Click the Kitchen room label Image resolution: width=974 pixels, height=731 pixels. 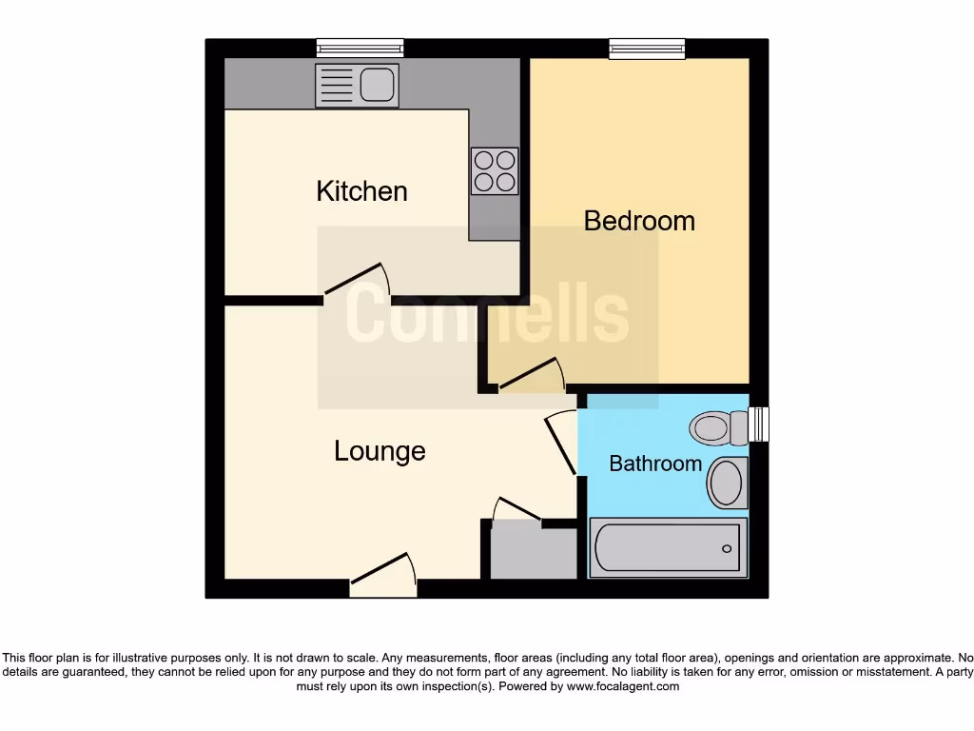pyautogui.click(x=361, y=191)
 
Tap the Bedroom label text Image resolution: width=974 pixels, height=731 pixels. pyautogui.click(x=639, y=221)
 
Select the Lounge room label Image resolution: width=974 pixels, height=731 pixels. pyautogui.click(x=380, y=450)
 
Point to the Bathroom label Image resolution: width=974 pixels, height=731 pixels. pyautogui.click(x=655, y=464)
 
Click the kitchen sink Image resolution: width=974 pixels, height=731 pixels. pyautogui.click(x=357, y=86)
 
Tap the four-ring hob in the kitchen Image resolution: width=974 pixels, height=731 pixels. pyautogui.click(x=495, y=171)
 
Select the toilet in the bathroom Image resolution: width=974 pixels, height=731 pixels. pyautogui.click(x=720, y=427)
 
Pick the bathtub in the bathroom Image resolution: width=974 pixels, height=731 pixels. pyautogui.click(x=668, y=548)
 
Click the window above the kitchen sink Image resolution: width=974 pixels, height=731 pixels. pyautogui.click(x=360, y=48)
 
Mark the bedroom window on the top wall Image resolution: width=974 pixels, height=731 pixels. pyautogui.click(x=647, y=48)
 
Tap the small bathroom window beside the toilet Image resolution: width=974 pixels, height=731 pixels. pyautogui.click(x=758, y=425)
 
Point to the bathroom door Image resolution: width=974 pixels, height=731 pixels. pyautogui.click(x=562, y=442)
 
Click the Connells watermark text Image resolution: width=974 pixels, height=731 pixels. pyautogui.click(x=486, y=315)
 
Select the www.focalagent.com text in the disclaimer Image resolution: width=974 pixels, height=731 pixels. pyautogui.click(x=623, y=686)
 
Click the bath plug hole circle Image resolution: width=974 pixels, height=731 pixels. pyautogui.click(x=727, y=548)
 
